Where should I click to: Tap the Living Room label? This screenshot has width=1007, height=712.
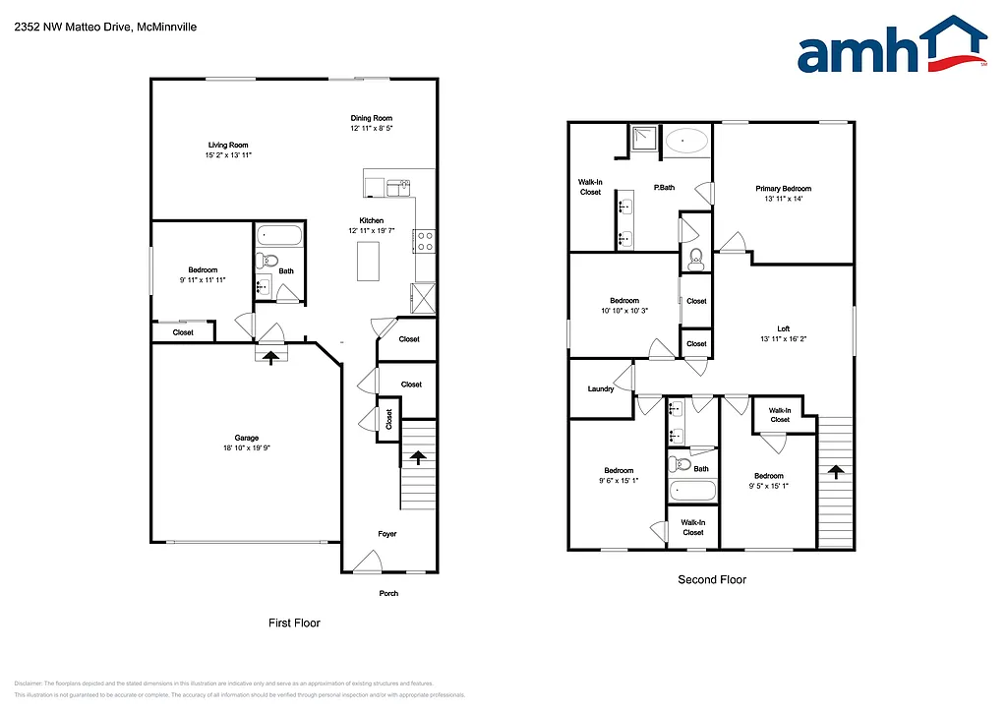click(x=228, y=146)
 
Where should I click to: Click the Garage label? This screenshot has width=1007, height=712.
click(x=246, y=438)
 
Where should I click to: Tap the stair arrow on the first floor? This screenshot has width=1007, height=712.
click(x=417, y=457)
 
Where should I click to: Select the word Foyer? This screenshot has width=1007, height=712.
click(x=387, y=534)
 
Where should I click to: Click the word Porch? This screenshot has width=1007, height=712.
click(x=389, y=593)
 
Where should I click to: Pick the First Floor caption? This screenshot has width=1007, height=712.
click(x=294, y=623)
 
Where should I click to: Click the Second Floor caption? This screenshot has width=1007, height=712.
click(x=711, y=579)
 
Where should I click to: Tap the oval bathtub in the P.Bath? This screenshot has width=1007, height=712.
click(x=685, y=142)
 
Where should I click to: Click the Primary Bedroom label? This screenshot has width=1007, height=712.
click(x=783, y=188)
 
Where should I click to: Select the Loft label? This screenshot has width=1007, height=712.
click(x=783, y=328)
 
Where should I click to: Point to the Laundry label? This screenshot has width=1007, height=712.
click(x=601, y=388)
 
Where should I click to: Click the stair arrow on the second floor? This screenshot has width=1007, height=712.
click(x=836, y=472)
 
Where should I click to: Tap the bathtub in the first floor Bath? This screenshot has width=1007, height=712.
click(x=278, y=237)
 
